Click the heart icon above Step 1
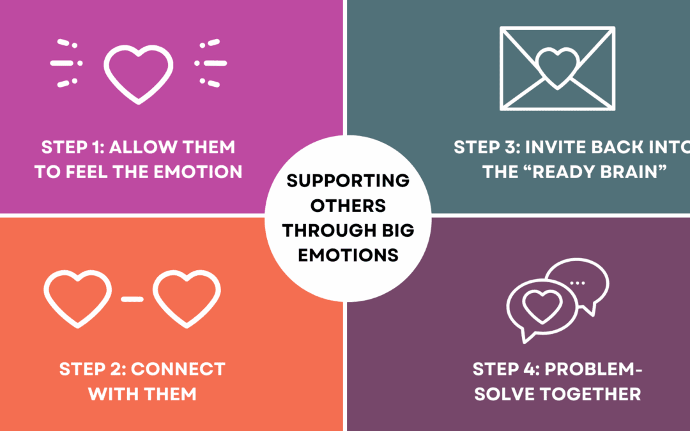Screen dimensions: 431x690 pyautogui.click(x=138, y=71)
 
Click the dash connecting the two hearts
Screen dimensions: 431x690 pyautogui.click(x=132, y=298)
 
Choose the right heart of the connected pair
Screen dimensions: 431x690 pyautogui.click(x=187, y=298)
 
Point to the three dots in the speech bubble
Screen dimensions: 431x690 pyautogui.click(x=577, y=282)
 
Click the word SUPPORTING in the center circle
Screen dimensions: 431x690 pyautogui.click(x=348, y=180)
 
